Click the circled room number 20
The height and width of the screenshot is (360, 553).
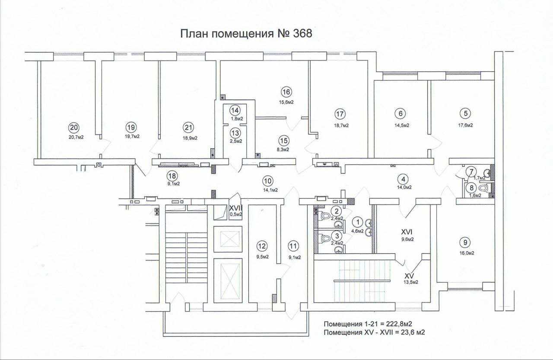(74, 127)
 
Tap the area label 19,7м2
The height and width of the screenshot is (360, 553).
(132, 137)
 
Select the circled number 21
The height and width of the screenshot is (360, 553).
(188, 127)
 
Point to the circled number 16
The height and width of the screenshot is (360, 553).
(286, 92)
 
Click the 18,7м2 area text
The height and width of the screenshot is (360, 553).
(341, 125)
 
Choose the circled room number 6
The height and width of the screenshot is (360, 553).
(400, 114)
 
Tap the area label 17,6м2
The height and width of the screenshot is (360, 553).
(465, 125)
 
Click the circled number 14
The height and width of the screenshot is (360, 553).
(235, 110)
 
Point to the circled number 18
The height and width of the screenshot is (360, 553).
(172, 176)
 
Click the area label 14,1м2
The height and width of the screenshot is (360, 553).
(270, 190)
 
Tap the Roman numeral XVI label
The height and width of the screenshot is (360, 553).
(407, 232)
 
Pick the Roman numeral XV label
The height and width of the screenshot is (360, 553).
(409, 275)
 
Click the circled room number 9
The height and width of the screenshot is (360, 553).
(465, 242)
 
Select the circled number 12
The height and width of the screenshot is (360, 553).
(262, 246)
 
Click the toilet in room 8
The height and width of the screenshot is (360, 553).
(484, 188)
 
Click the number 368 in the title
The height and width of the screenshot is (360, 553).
(302, 34)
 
